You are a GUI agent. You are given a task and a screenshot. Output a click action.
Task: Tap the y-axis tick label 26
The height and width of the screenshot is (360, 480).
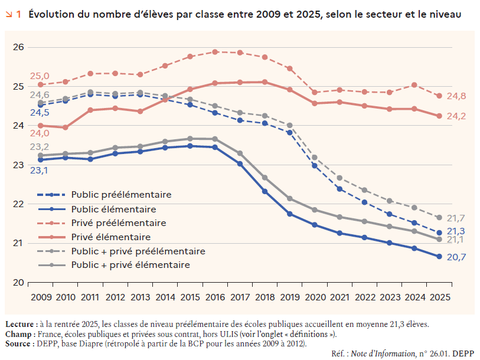tap(18, 47)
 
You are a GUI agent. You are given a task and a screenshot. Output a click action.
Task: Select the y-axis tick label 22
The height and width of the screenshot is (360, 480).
tap(18, 204)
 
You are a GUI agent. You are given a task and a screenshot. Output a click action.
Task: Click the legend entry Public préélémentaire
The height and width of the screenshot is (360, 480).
tap(121, 194)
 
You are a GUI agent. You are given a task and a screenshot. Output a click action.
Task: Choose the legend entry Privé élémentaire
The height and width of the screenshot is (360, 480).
tap(110, 237)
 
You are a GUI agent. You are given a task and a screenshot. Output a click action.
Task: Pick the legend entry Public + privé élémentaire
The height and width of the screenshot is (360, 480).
tap(130, 266)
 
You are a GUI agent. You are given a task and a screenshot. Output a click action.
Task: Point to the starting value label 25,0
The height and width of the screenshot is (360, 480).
tap(40, 76)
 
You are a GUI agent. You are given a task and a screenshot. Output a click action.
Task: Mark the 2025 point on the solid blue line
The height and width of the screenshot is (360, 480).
tap(439, 256)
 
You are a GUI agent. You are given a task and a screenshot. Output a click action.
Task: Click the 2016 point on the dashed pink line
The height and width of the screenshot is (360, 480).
tap(215, 52)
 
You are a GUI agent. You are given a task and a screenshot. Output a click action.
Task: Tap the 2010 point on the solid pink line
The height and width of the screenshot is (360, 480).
tap(66, 127)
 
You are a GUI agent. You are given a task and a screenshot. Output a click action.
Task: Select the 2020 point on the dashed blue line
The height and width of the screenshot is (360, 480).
tap(315, 166)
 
